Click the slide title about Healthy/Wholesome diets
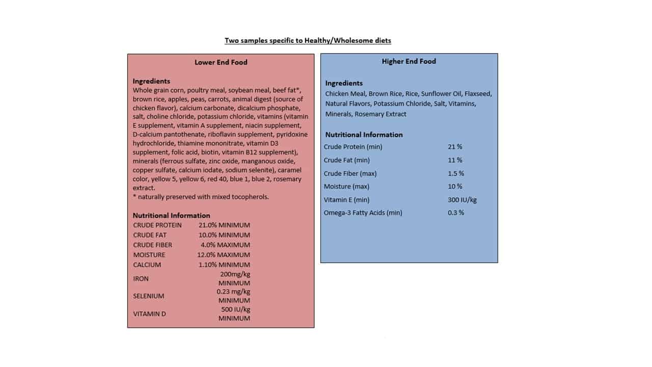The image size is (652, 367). pos(308,40)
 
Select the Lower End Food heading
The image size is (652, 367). pos(221,62)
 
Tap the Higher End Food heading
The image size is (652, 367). pos(409,61)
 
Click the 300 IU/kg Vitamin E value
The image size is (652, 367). pos(462,199)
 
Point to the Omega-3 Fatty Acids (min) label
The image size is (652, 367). pos(363,213)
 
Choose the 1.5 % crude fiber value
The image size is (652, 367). pos(456,173)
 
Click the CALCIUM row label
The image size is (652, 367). pos(147,265)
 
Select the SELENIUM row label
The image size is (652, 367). pos(149,296)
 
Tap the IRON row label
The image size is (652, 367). pos(141,278)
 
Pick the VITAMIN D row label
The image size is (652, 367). pos(149,313)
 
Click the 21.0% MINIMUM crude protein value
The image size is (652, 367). pos(224,225)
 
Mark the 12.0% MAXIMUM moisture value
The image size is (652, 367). pos(224,254)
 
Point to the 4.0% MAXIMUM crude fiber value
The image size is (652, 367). pos(225,245)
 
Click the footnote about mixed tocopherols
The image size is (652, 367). pos(201,197)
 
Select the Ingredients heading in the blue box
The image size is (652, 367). pos(344,83)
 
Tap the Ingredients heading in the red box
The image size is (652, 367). pos(151,81)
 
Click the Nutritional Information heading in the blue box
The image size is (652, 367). pos(364,135)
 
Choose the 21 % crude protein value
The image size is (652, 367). pos(455,147)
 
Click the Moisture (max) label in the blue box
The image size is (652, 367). pos(346,186)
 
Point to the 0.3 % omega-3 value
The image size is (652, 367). pos(456,213)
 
